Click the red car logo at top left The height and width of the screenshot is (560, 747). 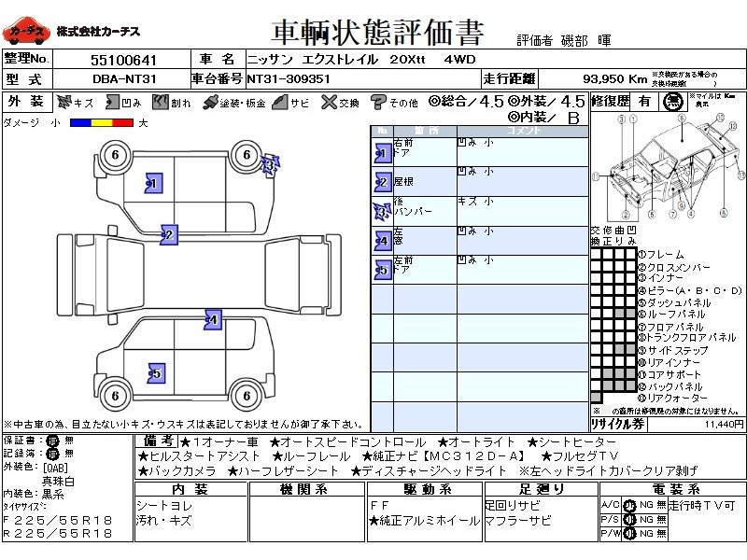pos(27,32)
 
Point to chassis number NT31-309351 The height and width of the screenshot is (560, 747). pos(289,79)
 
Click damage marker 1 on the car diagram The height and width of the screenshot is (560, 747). pos(154,184)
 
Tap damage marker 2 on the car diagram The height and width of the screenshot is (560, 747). pos(169,234)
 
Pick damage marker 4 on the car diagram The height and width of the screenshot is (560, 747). pos(213,319)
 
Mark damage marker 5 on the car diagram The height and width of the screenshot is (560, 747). pos(155,373)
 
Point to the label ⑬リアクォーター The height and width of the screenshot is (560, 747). pos(672,399)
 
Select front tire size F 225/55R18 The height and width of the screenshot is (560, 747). pos(57,519)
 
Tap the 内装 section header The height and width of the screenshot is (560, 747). pos(190,489)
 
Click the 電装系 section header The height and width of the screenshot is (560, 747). pos(669,489)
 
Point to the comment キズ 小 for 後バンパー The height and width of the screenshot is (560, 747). pos(475,201)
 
